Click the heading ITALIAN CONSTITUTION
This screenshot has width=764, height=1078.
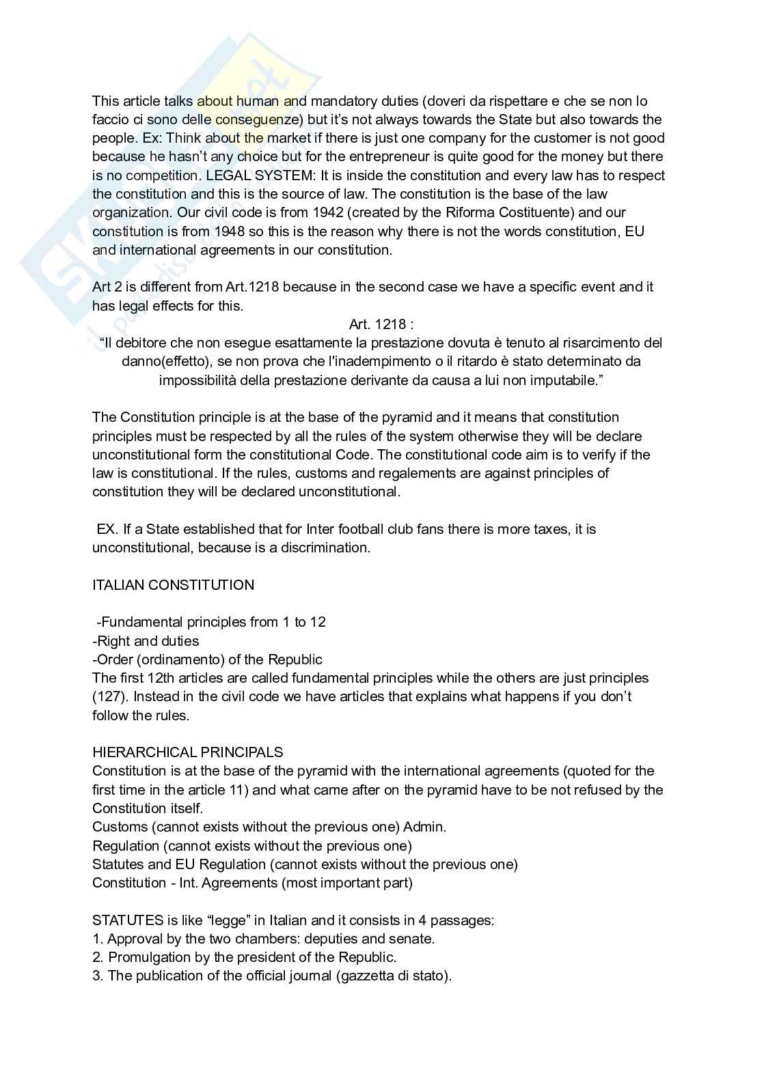[173, 585]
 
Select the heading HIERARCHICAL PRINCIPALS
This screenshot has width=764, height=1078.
[187, 752]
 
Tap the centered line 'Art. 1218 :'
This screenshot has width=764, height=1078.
[381, 324]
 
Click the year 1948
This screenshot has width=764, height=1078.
[228, 231]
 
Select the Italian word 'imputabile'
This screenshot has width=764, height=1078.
[564, 380]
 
